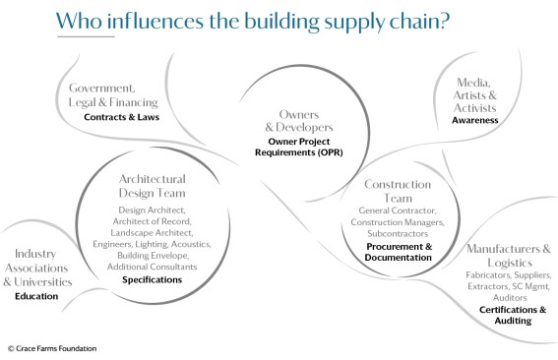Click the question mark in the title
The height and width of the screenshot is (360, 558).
coord(445,21)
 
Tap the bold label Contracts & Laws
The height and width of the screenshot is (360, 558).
coord(121,117)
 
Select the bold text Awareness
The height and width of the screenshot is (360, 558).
coord(475,120)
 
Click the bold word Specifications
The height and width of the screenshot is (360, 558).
coord(152,280)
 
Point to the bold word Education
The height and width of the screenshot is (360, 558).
coord(36,296)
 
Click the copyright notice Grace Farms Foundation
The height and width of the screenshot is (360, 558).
coord(52,348)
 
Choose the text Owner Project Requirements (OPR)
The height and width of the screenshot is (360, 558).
coord(299,147)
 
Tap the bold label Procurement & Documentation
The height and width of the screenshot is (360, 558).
coord(399,252)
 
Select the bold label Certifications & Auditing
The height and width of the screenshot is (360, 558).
coord(513,315)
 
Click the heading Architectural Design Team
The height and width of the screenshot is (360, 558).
coord(152,186)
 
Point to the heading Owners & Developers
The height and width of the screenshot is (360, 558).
coord(299,121)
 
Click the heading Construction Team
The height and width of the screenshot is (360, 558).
coord(398,191)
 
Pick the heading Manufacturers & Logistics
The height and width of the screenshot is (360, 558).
coord(509,256)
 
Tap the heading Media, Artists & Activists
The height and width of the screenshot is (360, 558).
coord(474,95)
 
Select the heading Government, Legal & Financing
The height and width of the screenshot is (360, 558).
coord(113,94)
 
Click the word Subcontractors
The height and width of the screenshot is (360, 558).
coord(398,234)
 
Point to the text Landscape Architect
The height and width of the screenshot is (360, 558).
coord(152,233)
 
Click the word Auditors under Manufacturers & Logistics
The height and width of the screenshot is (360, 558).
coord(510,297)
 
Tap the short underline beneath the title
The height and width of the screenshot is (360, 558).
coord(86,36)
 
